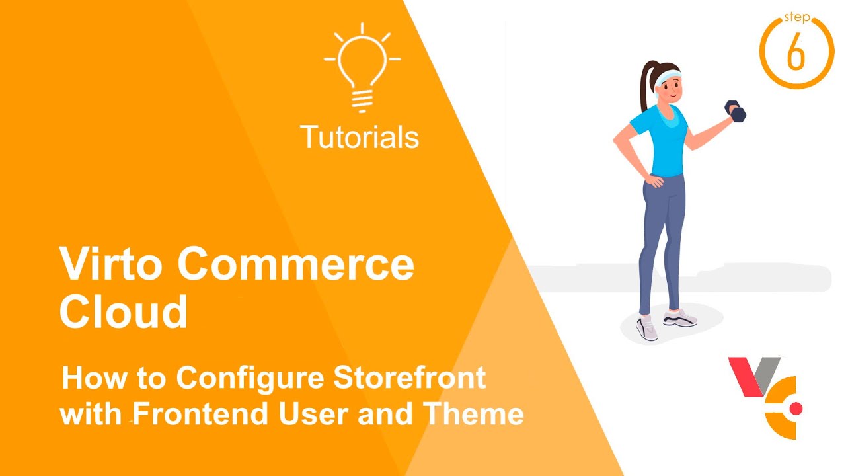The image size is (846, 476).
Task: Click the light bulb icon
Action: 362,68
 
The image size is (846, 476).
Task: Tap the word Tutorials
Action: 360,137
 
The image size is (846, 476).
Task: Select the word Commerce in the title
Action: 295,264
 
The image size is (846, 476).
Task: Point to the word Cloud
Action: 124,311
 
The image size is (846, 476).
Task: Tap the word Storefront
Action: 409,377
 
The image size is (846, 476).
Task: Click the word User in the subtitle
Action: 313,414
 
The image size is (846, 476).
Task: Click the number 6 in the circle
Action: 796,52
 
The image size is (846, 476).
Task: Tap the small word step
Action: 796,17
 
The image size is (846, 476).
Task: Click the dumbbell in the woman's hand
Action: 735,110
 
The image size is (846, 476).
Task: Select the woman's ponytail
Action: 646,85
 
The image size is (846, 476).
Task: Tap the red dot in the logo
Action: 796,409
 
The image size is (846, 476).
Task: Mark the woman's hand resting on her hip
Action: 654,180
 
